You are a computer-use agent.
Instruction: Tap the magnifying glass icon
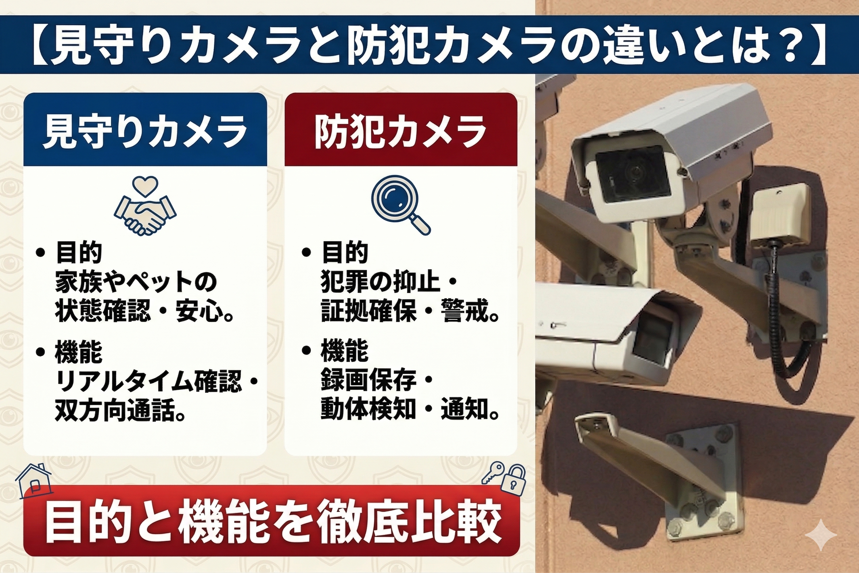coord(401,205)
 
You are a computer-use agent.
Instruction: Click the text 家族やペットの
coord(136,282)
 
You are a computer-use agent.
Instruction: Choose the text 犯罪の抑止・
coord(389,282)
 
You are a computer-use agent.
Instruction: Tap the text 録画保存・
coord(376,381)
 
